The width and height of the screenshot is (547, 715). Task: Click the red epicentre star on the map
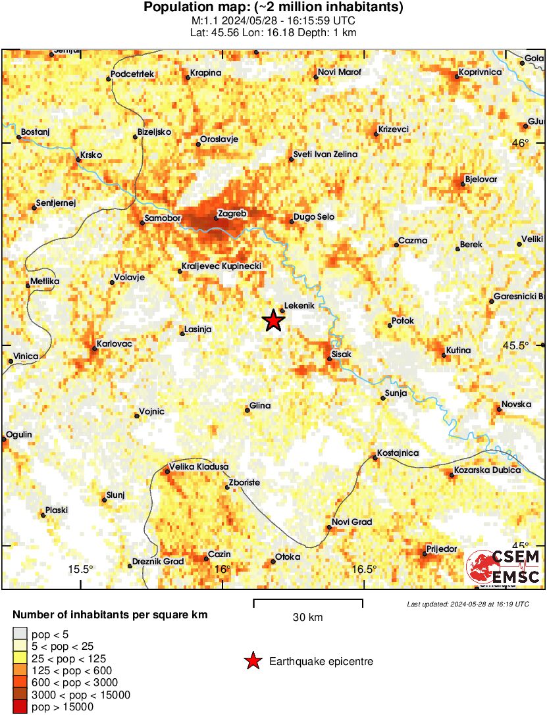pyautogui.click(x=273, y=321)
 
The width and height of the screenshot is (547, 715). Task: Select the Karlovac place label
pyautogui.click(x=115, y=343)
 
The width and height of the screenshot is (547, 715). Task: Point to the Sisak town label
pyautogui.click(x=342, y=355)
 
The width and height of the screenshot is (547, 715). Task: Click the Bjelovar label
pyautogui.click(x=481, y=179)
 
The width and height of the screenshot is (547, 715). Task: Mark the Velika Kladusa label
pyautogui.click(x=199, y=466)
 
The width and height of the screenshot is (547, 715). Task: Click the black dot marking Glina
pyautogui.click(x=247, y=410)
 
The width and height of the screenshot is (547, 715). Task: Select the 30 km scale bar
pyautogui.click(x=308, y=600)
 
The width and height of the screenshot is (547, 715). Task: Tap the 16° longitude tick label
pyautogui.click(x=222, y=569)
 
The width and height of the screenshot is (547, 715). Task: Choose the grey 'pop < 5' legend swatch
pyautogui.click(x=20, y=634)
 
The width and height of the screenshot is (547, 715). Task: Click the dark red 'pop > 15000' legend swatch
pyautogui.click(x=20, y=706)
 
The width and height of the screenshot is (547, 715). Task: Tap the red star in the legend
pyautogui.click(x=253, y=661)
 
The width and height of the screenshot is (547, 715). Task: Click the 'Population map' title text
pyautogui.click(x=273, y=8)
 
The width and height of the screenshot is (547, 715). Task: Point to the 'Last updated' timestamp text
pyautogui.click(x=467, y=604)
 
